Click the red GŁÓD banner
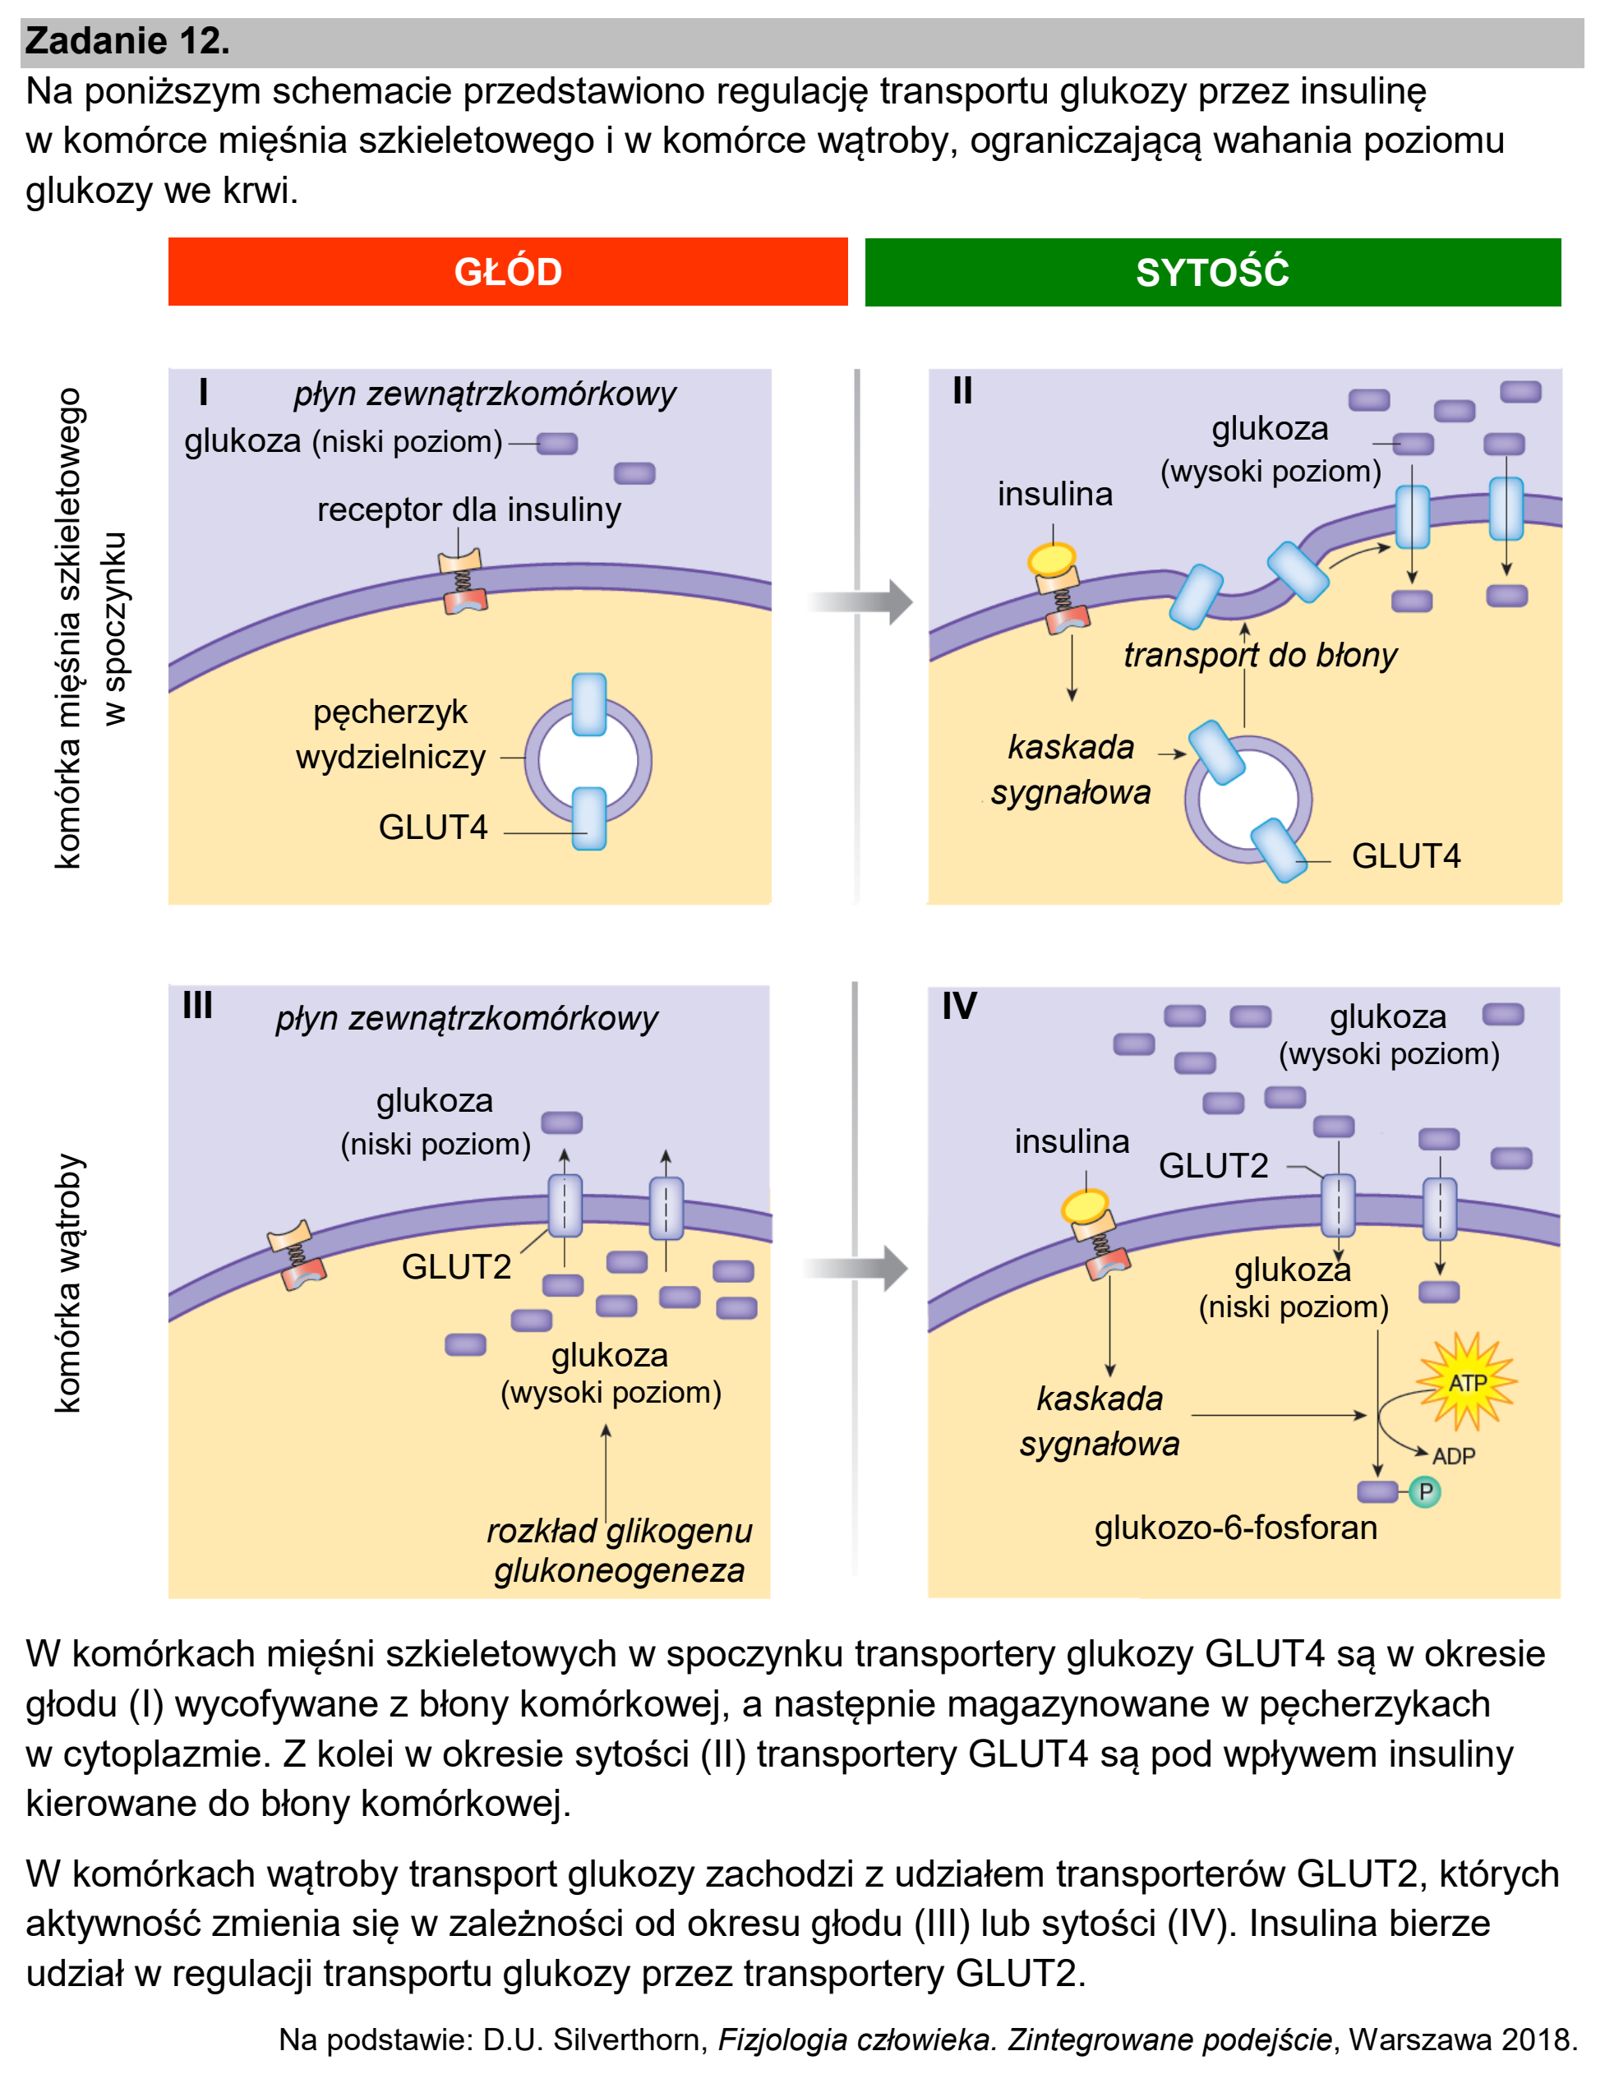pyautogui.click(x=507, y=272)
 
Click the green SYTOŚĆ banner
pyautogui.click(x=1213, y=273)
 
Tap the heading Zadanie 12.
pyautogui.click(x=127, y=41)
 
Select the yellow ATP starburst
pyautogui.click(x=1467, y=1382)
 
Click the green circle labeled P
pyautogui.click(x=1424, y=1492)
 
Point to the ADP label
pyautogui.click(x=1453, y=1456)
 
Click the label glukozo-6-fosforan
pyautogui.click(x=1235, y=1527)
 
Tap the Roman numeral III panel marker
pyautogui.click(x=197, y=1005)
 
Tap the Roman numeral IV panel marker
pyautogui.click(x=959, y=1006)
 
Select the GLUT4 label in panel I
pyautogui.click(x=433, y=827)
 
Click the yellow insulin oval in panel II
pyautogui.click(x=1052, y=559)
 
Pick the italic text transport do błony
pyautogui.click(x=1261, y=654)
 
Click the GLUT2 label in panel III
pyautogui.click(x=456, y=1267)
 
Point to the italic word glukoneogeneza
pyautogui.click(x=619, y=1569)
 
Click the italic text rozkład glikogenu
pyautogui.click(x=619, y=1530)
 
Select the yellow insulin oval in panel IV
pyautogui.click(x=1086, y=1207)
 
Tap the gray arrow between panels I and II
pyautogui.click(x=860, y=601)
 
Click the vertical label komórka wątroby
pyautogui.click(x=68, y=1283)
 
